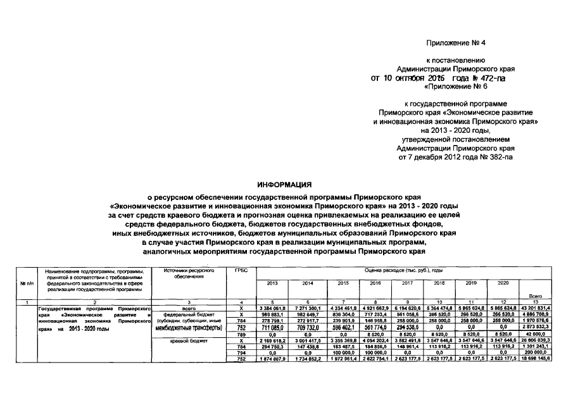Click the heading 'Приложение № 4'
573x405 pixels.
(x=455, y=42)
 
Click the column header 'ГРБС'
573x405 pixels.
(x=241, y=271)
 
